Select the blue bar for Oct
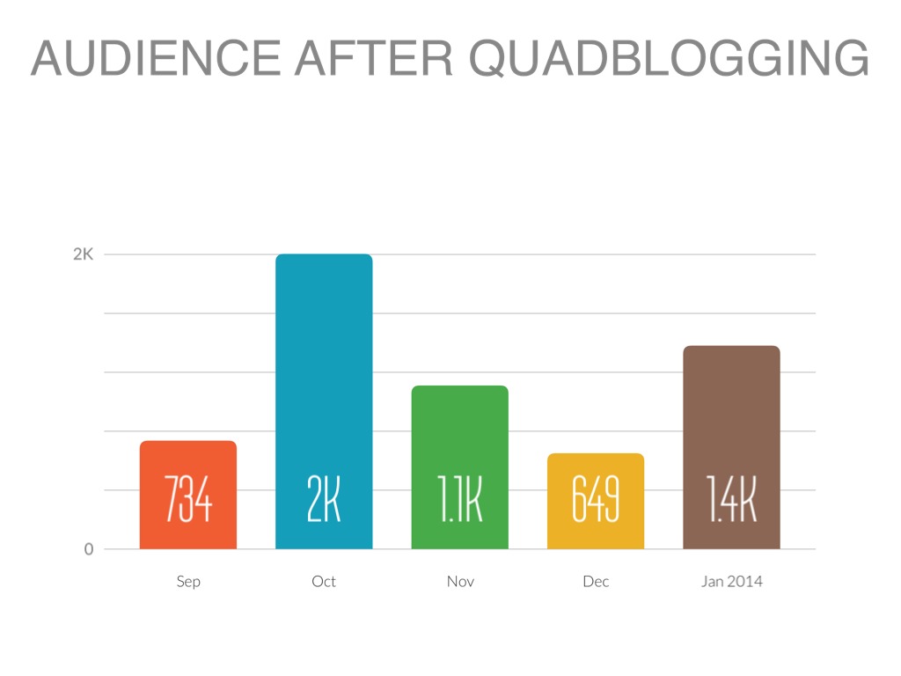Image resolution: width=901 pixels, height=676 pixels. click(x=324, y=370)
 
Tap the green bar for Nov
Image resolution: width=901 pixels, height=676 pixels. click(x=459, y=431)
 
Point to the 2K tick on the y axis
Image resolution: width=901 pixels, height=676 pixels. click(x=83, y=254)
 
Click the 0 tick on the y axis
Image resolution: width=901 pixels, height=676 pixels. click(x=88, y=549)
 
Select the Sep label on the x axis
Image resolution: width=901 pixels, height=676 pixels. click(x=188, y=582)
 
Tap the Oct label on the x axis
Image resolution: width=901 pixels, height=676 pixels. click(x=324, y=582)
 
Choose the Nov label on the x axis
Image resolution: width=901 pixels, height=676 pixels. click(x=459, y=582)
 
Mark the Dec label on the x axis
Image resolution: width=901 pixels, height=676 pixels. click(x=596, y=582)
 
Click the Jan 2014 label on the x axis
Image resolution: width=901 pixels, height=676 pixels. click(x=731, y=582)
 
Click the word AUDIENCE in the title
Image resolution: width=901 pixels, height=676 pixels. click(x=160, y=59)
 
